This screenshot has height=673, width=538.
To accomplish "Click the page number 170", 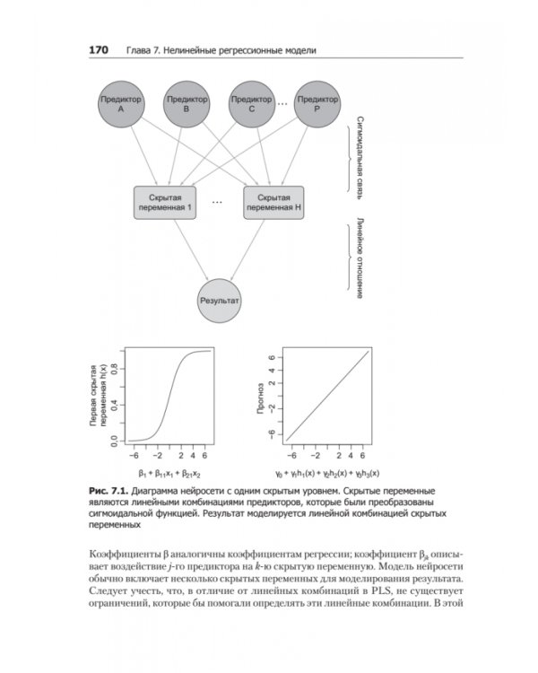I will pyautogui.click(x=98, y=51).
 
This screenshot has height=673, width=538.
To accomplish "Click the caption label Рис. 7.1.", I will pyautogui.click(x=108, y=493).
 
